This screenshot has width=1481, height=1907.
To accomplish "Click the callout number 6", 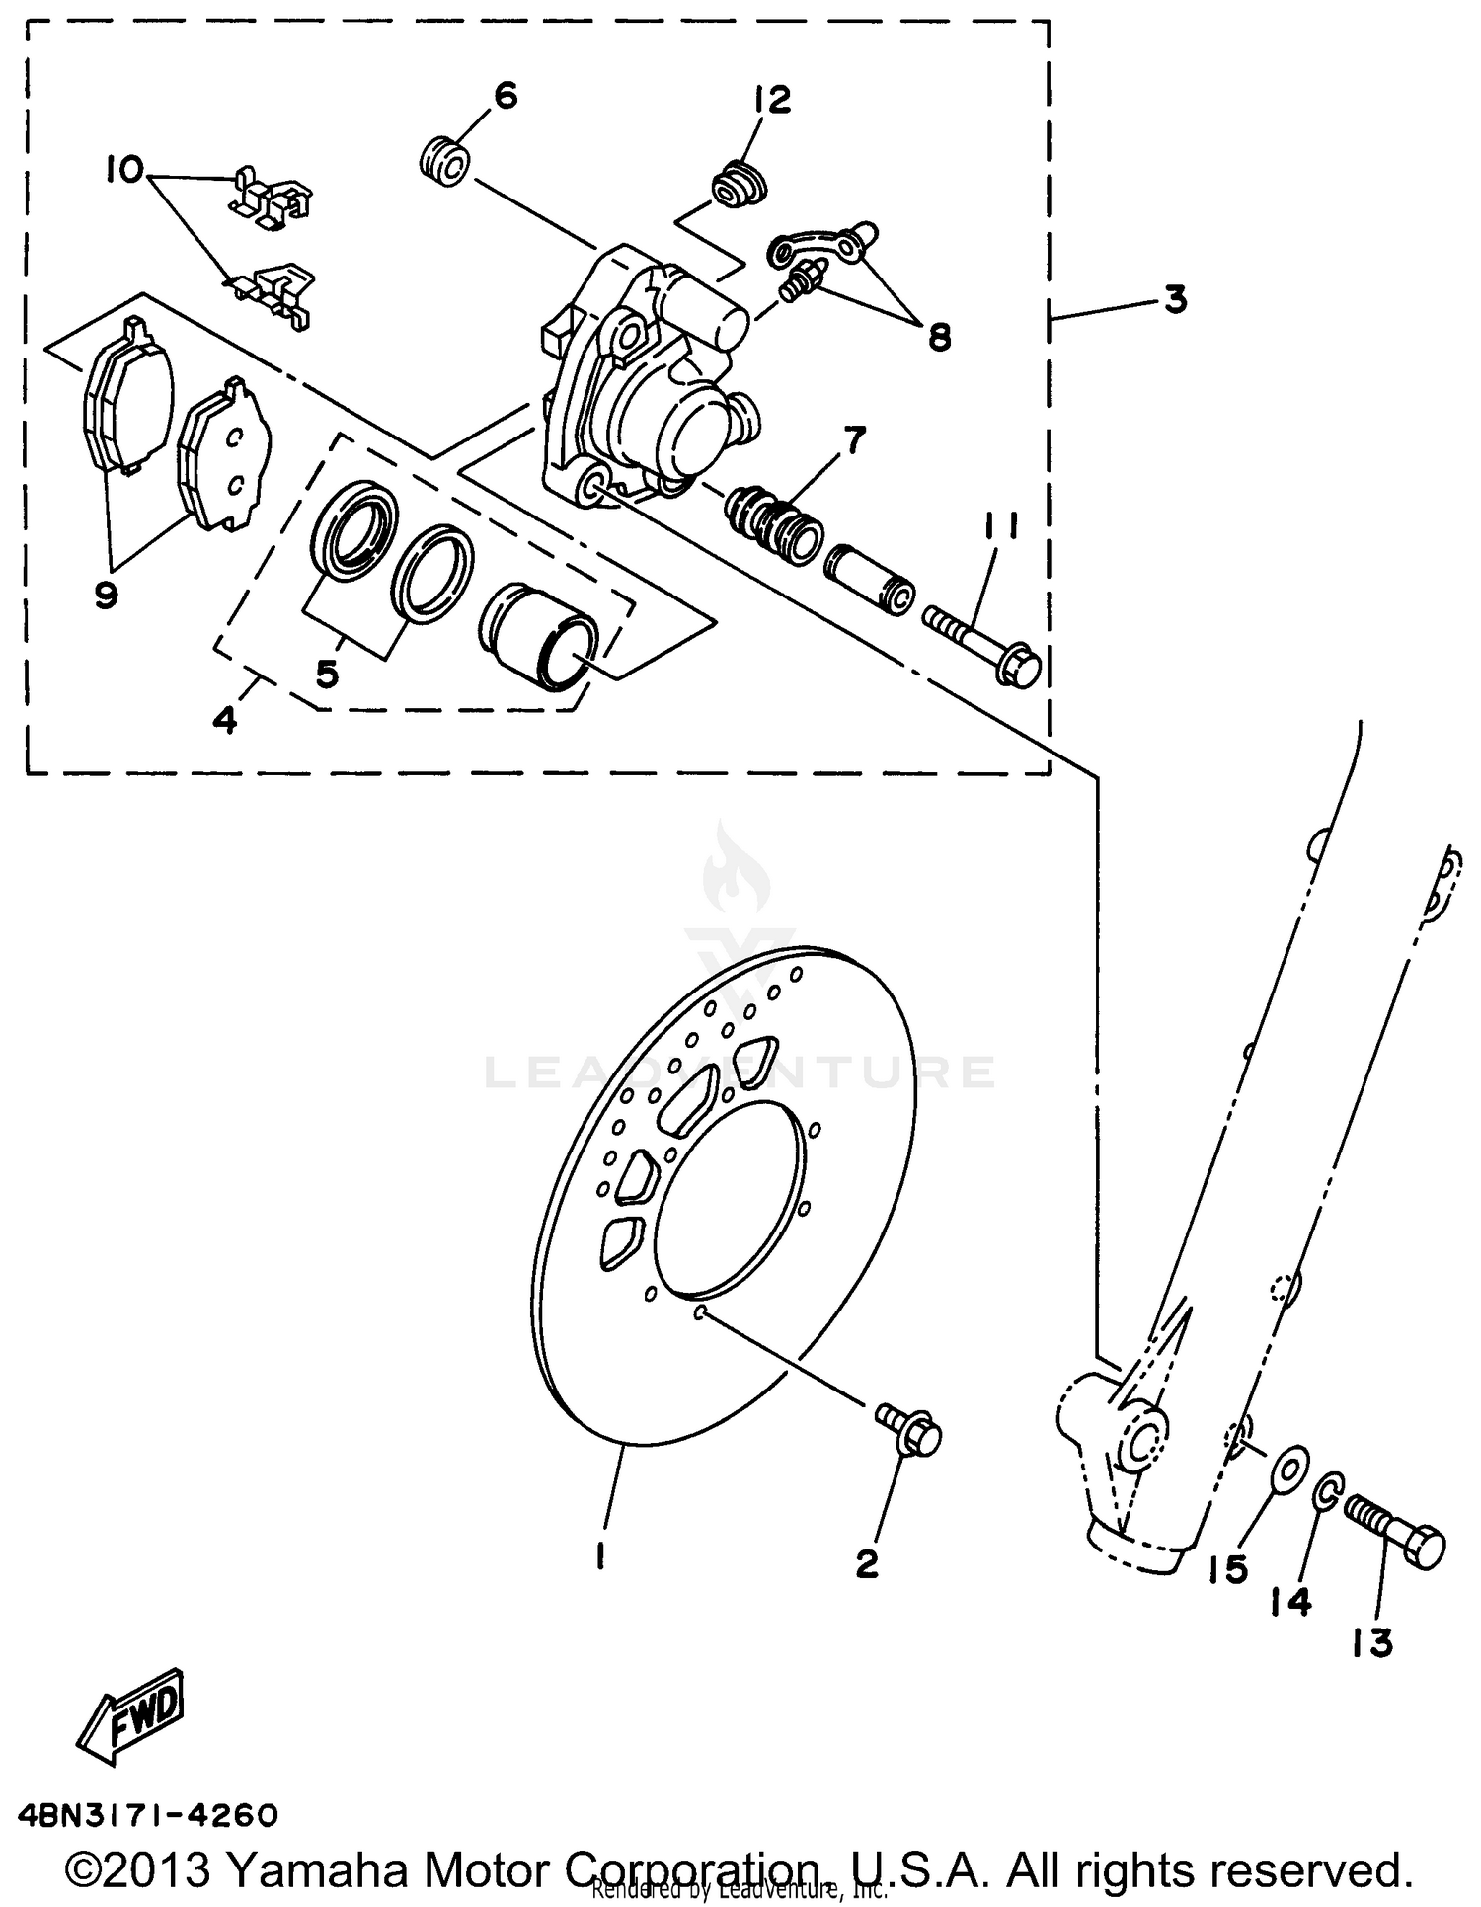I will click(x=505, y=96).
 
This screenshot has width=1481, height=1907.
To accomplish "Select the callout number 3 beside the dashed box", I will click(x=1174, y=299).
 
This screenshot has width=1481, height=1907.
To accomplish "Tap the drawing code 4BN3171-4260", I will click(x=148, y=1815).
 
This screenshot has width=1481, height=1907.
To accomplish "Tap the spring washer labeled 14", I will click(x=1328, y=1492).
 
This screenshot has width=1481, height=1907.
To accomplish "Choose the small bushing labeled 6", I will click(x=447, y=164).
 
